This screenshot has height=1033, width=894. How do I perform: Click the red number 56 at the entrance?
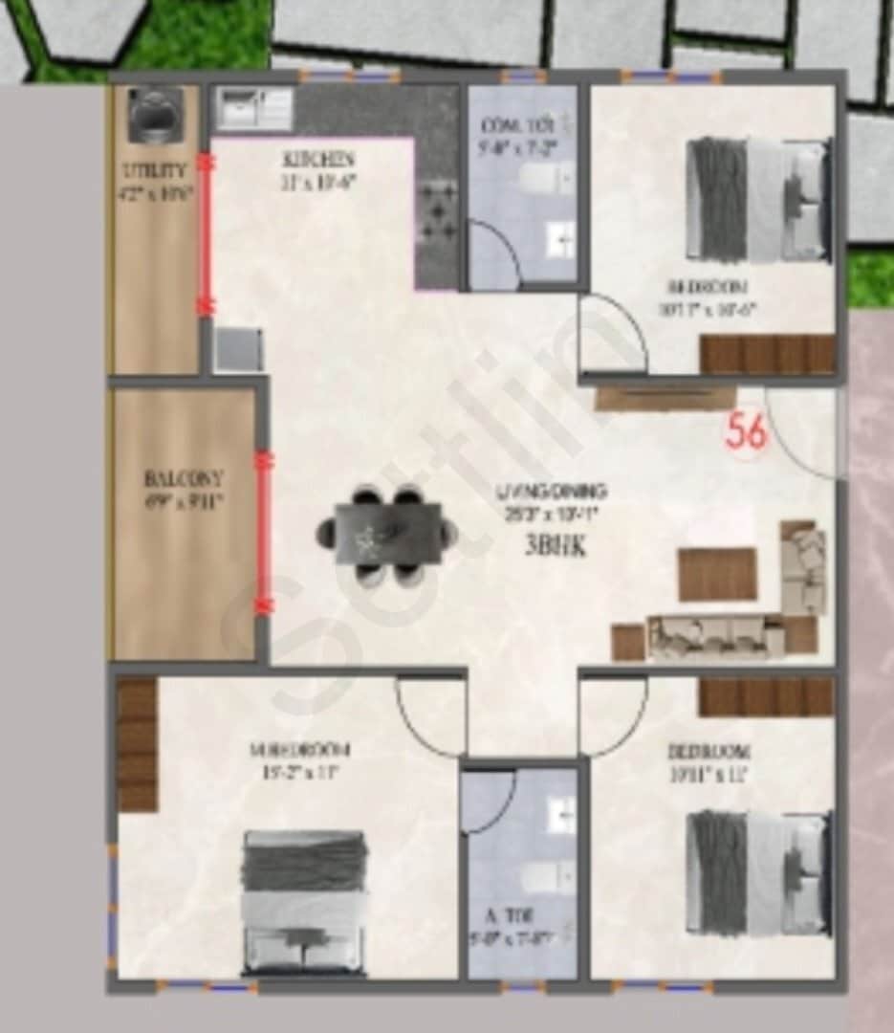click(747, 431)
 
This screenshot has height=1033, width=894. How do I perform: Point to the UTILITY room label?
click(154, 172)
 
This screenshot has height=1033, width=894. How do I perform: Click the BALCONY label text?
click(184, 477)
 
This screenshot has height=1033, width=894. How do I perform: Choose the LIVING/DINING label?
click(552, 492)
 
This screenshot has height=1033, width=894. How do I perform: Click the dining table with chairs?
click(387, 536)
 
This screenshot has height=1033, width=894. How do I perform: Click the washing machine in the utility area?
click(150, 113)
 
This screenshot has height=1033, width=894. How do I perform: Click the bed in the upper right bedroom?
click(758, 200)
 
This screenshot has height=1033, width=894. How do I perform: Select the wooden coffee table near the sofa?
click(717, 574)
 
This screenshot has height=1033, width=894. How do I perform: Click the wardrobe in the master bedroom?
click(137, 745)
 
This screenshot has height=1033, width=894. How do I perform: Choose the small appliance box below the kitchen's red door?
click(237, 349)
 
